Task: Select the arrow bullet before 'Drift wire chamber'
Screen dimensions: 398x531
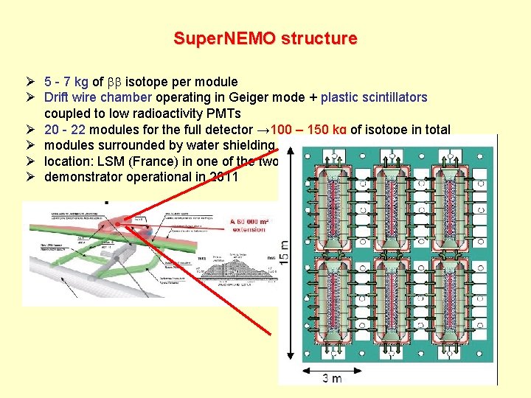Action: tap(29, 97)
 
